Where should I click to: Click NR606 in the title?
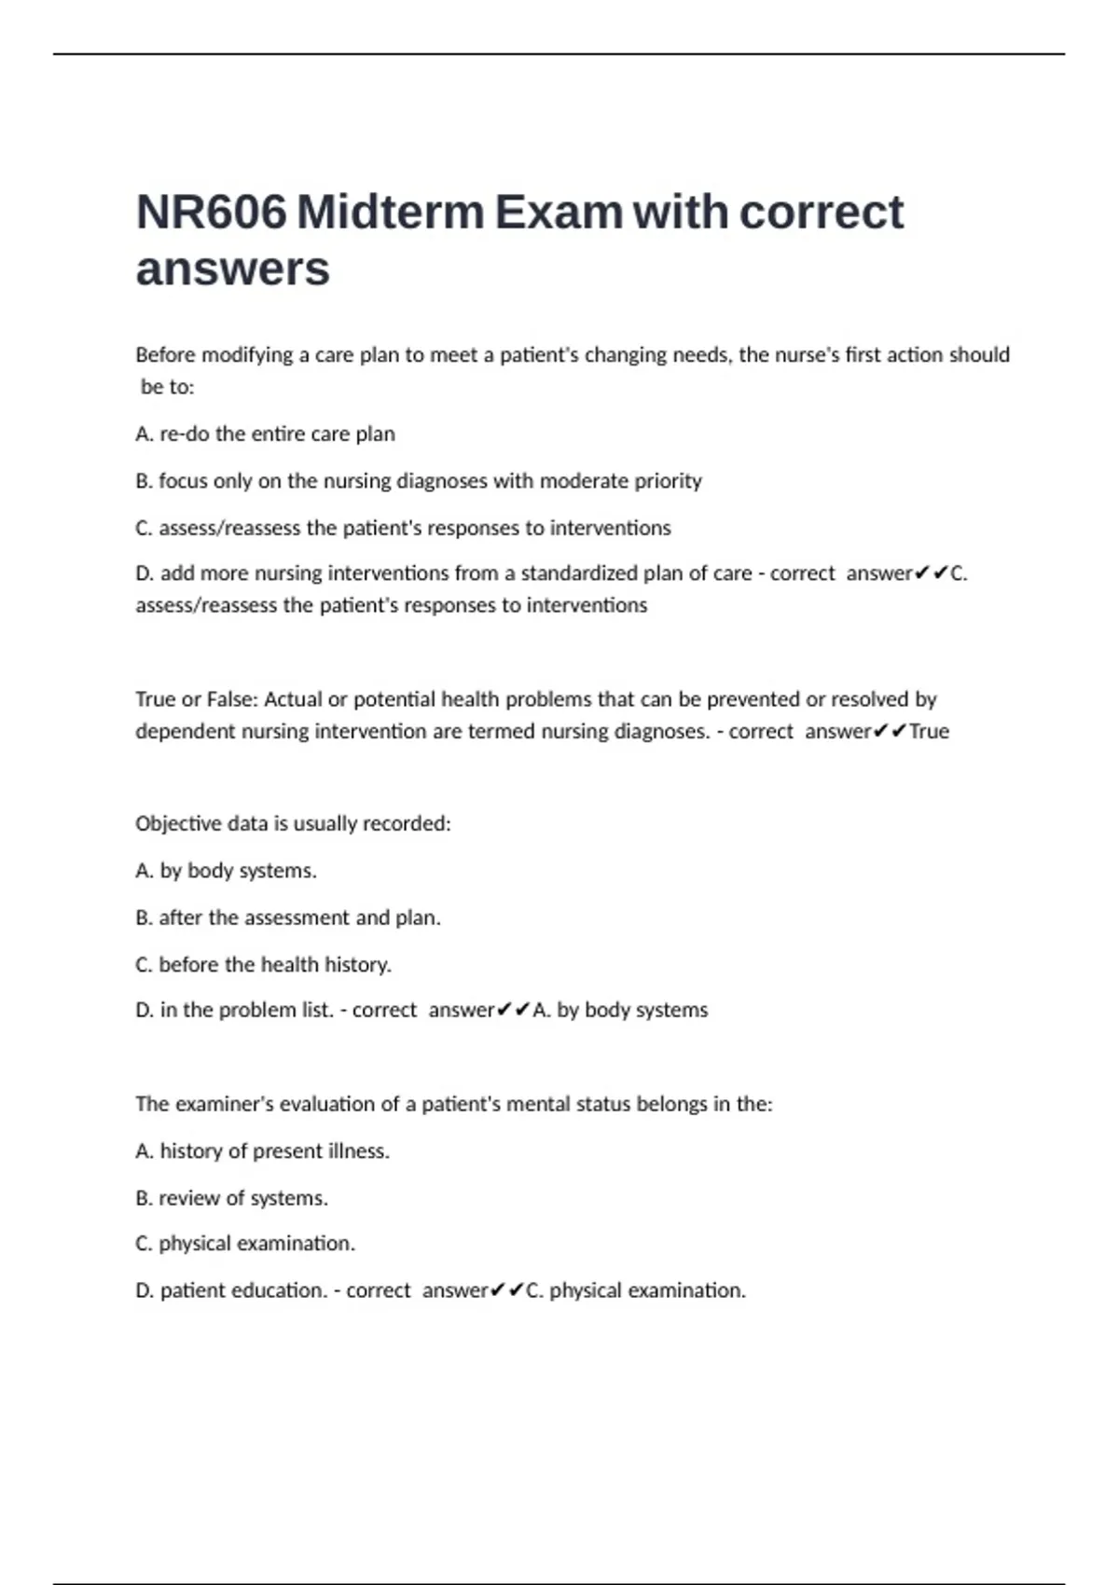pyautogui.click(x=211, y=213)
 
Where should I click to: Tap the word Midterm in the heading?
pyautogui.click(x=391, y=213)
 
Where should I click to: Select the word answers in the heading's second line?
pyautogui.click(x=232, y=269)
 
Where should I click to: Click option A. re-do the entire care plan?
pyautogui.click(x=265, y=434)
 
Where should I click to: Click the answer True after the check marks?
pyautogui.click(x=929, y=731)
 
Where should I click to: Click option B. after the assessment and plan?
pyautogui.click(x=287, y=917)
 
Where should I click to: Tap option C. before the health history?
pyautogui.click(x=263, y=964)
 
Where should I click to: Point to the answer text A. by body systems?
pyautogui.click(x=620, y=1010)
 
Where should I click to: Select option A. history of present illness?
pyautogui.click(x=262, y=1151)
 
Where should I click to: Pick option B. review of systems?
pyautogui.click(x=231, y=1198)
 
